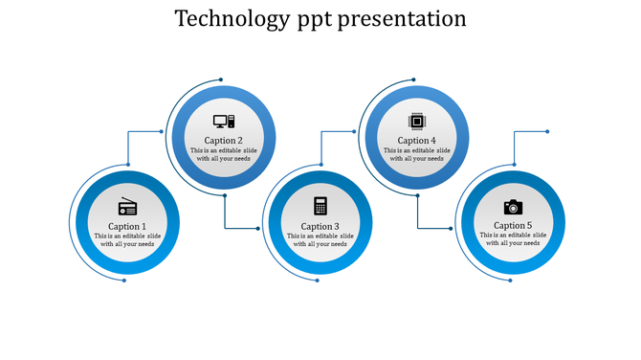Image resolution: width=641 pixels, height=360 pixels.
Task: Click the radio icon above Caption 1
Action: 127,207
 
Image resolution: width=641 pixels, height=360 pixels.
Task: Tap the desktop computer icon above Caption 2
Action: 224,122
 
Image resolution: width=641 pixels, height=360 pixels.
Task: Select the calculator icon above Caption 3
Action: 320,206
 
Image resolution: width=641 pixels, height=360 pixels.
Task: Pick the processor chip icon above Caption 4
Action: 416,121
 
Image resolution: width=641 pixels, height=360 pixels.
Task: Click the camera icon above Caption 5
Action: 513,206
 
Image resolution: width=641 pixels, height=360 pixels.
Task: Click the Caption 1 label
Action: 127,226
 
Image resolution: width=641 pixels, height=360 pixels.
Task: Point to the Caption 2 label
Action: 224,141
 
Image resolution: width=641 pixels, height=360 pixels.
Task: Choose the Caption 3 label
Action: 320,226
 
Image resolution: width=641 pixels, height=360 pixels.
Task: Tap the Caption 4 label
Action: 416,141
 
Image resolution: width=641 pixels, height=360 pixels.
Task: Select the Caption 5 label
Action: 513,226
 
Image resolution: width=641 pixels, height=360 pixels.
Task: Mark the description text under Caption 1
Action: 127,239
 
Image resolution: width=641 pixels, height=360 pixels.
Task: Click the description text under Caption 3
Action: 320,239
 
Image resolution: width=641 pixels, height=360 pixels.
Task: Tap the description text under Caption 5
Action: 513,239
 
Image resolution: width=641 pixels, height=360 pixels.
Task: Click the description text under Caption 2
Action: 224,154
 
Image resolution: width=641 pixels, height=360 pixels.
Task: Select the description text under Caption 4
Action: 416,154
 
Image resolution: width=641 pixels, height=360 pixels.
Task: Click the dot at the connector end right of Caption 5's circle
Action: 547,131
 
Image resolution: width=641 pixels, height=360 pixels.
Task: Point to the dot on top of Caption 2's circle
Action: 221,79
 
